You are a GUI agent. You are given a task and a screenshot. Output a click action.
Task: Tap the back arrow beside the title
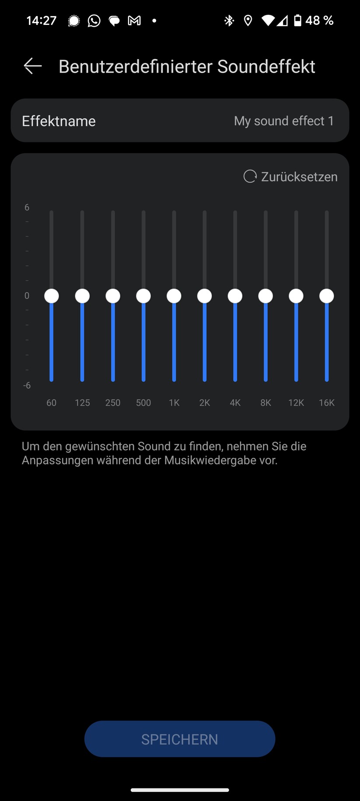[x=33, y=66]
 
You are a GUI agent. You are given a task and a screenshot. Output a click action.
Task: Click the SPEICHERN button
[x=180, y=738]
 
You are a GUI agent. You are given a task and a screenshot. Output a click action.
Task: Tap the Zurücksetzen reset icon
[x=250, y=176]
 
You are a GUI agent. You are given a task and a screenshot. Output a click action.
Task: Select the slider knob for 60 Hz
[x=52, y=296]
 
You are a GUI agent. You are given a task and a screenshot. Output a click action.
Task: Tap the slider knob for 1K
[x=174, y=296]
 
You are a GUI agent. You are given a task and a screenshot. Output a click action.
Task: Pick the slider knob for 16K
[x=327, y=296]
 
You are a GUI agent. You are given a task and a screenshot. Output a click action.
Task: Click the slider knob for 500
[x=143, y=296]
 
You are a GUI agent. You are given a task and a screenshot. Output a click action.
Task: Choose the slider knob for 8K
[x=266, y=296]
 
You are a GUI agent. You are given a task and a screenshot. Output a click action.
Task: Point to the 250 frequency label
[x=113, y=403]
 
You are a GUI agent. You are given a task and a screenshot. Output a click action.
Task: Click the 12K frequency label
[x=296, y=403]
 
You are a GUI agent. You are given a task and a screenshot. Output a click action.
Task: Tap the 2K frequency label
[x=205, y=403]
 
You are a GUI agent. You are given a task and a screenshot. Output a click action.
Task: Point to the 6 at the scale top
[x=27, y=207]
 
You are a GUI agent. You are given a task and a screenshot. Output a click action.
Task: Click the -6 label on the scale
[x=27, y=385]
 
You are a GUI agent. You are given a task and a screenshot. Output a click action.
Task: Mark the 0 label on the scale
[x=27, y=296]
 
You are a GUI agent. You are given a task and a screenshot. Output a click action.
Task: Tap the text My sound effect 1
[x=284, y=121]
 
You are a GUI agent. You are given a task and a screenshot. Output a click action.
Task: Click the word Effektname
[x=59, y=121]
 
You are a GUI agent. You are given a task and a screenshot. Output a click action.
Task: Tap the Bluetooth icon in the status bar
[x=229, y=21]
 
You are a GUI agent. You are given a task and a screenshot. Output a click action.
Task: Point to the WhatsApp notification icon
[x=94, y=21]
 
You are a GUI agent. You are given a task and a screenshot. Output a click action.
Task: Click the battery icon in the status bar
[x=297, y=21]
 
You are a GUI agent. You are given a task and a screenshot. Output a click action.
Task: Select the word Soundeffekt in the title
[x=266, y=66]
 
